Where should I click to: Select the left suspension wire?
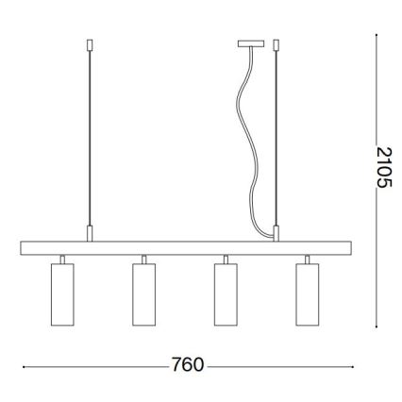[89, 142]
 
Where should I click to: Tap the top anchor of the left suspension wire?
[89, 43]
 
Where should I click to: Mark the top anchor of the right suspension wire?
[276, 43]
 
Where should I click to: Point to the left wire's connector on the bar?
[89, 232]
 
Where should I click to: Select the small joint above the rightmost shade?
[308, 259]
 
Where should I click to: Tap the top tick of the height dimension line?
[377, 36]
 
